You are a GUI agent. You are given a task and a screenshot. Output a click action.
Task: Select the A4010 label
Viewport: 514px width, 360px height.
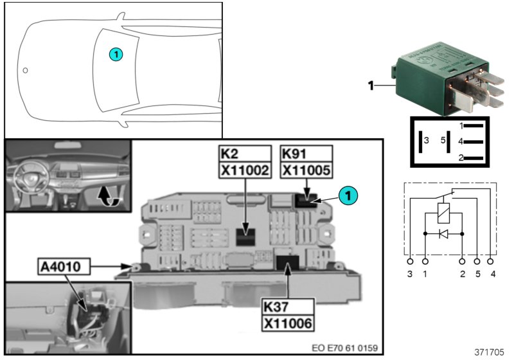[x=63, y=265]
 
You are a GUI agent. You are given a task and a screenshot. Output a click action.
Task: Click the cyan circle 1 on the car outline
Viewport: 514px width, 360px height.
[x=115, y=55]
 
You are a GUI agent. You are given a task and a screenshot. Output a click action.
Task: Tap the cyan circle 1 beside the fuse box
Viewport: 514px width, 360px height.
[x=346, y=195]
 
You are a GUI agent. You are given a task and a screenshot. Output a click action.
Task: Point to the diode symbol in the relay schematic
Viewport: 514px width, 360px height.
[x=443, y=233]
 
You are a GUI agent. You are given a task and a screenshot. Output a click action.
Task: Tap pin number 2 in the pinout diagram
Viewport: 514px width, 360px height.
[x=461, y=157]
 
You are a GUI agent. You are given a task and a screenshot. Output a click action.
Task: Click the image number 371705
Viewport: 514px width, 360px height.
[x=489, y=352]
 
